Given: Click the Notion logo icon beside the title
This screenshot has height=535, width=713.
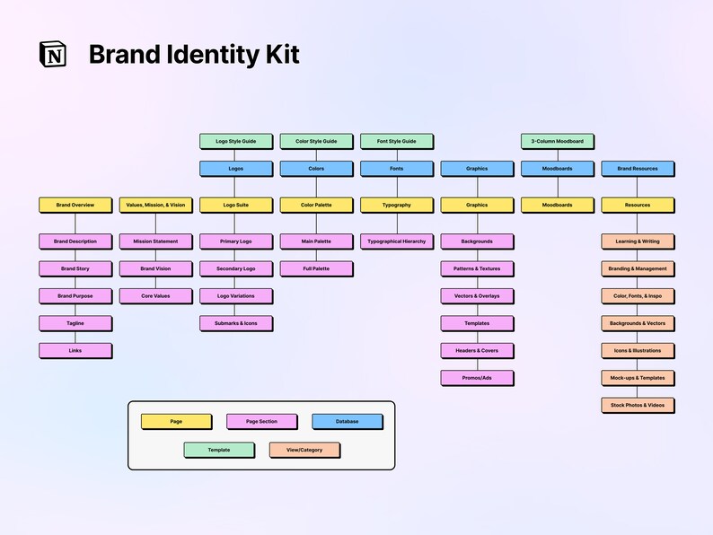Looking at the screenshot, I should click(x=53, y=54).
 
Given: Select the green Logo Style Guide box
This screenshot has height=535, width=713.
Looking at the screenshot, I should click(x=235, y=141).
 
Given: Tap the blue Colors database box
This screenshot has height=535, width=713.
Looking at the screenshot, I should click(x=316, y=169).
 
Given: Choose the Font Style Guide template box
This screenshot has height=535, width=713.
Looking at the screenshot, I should click(x=396, y=141).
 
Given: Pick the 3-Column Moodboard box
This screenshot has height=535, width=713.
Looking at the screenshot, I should click(x=557, y=141).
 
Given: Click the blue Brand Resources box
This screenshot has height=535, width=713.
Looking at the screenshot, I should click(x=638, y=169).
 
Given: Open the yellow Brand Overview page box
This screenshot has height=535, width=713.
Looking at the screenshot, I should click(x=75, y=205).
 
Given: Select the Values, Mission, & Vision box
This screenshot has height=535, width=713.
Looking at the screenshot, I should click(x=155, y=205).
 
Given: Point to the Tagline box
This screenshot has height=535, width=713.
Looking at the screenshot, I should click(x=75, y=323).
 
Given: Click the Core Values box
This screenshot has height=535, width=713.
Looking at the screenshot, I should click(x=155, y=295).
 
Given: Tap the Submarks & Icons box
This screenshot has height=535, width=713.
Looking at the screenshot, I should click(x=235, y=323).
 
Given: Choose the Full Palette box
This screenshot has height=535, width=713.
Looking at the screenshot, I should click(x=316, y=268).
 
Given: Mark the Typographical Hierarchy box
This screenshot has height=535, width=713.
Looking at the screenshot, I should click(x=396, y=241).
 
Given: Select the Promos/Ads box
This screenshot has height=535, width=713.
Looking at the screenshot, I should click(x=477, y=378).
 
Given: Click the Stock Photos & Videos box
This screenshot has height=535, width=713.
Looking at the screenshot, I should click(x=638, y=405).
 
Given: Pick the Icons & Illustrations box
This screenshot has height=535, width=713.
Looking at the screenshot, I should click(x=638, y=350).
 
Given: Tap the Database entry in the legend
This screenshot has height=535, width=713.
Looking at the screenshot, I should click(x=348, y=421).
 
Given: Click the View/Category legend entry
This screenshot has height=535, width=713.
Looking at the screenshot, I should click(x=304, y=450).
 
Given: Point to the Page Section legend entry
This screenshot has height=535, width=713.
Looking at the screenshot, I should click(x=262, y=421).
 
